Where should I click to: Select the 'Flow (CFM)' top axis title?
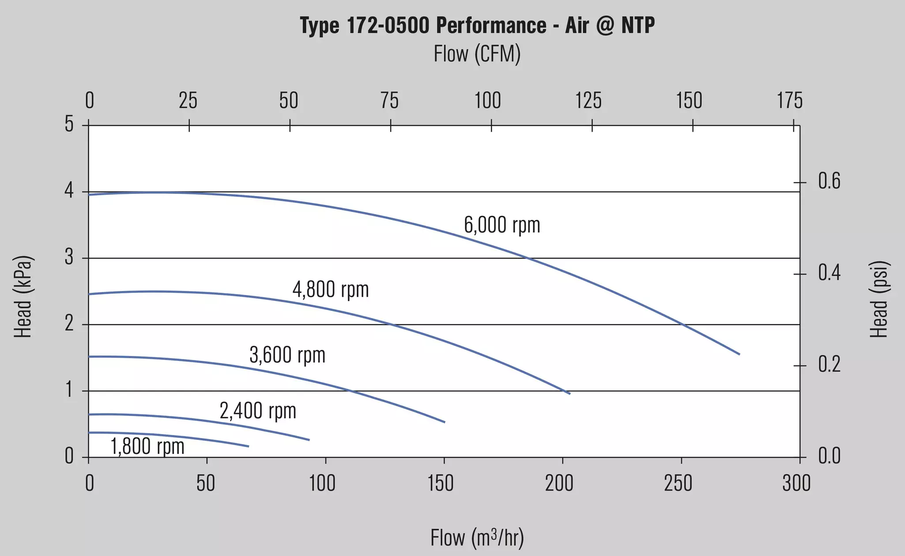click(477, 54)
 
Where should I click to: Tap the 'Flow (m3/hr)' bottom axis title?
click(477, 538)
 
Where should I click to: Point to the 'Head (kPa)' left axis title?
click(23, 297)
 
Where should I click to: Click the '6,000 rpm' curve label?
click(502, 225)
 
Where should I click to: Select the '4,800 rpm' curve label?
click(331, 290)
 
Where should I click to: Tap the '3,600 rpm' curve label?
click(287, 355)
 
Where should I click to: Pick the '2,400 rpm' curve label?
click(258, 411)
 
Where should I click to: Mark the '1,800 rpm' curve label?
click(147, 446)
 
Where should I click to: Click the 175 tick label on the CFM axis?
click(790, 101)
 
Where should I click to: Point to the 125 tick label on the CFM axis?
click(588, 101)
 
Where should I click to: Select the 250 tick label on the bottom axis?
click(678, 483)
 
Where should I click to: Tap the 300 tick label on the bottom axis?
click(796, 483)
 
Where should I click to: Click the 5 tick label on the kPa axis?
click(69, 124)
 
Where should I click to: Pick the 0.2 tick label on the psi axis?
click(830, 365)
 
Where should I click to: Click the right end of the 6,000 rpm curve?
click(739, 354)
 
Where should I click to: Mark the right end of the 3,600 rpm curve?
click(445, 422)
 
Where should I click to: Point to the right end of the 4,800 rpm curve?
click(570, 393)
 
